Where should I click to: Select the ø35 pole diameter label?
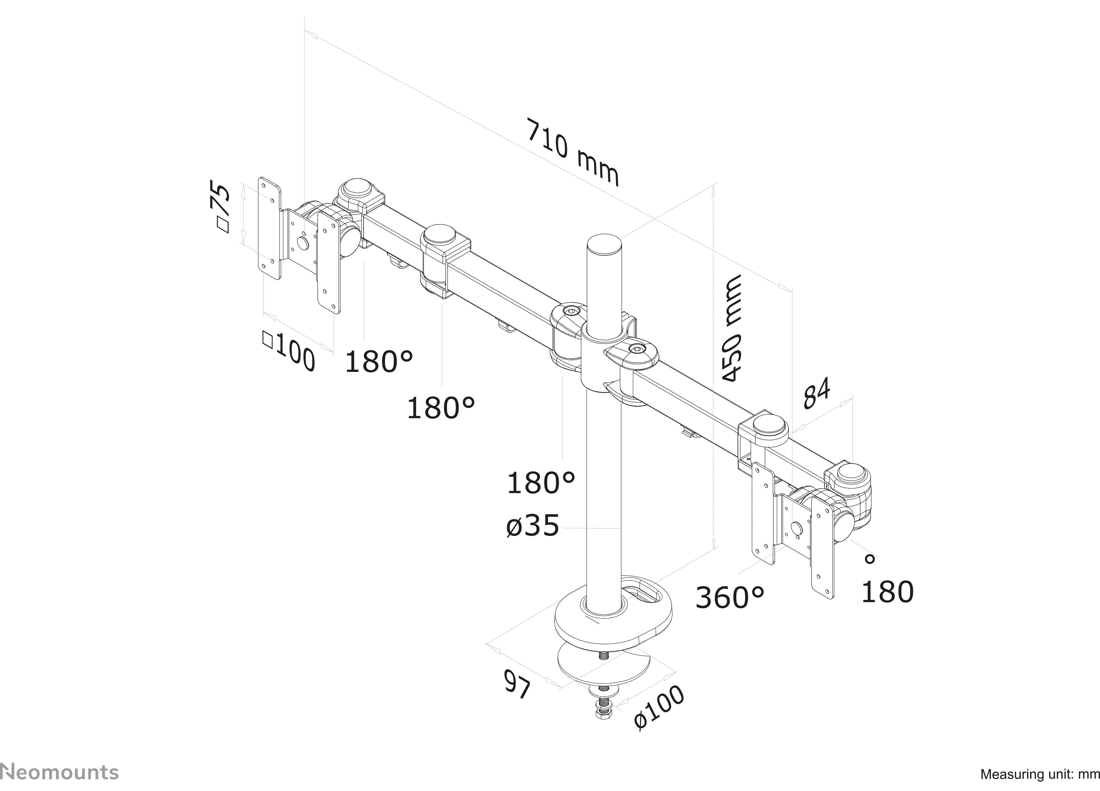(532, 527)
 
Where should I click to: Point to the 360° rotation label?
(729, 597)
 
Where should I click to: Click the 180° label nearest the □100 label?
(378, 361)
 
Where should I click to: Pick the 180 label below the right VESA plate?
(887, 592)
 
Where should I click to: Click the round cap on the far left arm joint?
(357, 188)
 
